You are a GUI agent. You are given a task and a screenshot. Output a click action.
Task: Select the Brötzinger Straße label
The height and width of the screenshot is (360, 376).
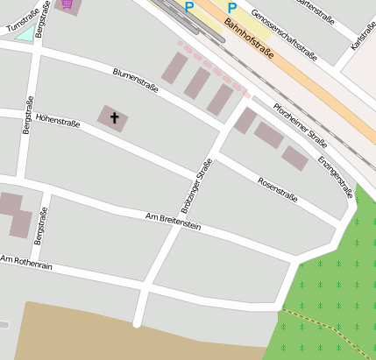coord(199,187)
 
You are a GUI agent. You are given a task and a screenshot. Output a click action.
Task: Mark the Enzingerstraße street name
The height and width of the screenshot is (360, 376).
coord(335,176)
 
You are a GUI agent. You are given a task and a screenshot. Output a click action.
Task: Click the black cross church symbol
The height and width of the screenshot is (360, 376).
coord(114,116)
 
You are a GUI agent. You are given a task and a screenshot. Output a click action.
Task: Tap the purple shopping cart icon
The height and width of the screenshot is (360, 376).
coord(67,4)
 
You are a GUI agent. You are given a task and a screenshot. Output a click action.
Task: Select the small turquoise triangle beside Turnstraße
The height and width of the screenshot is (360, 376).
coord(26,34)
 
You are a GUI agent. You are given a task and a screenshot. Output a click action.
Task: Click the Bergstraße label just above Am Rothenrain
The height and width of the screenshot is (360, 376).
coord(39,227)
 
